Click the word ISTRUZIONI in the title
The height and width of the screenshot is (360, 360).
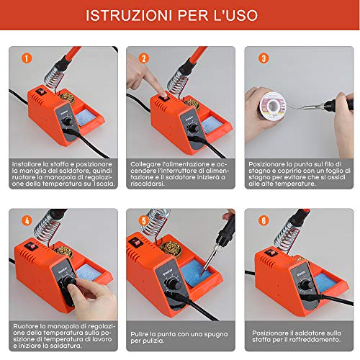point(129,15)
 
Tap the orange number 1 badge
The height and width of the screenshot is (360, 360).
point(27,58)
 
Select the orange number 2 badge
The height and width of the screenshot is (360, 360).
point(144,58)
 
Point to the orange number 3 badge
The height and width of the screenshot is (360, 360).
point(264,58)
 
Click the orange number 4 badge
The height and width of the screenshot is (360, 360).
point(27,220)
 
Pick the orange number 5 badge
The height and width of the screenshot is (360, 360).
point(144,220)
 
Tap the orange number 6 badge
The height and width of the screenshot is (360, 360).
point(264,220)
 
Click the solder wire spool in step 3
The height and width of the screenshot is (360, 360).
point(272,106)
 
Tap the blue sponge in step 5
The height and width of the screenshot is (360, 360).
point(195,273)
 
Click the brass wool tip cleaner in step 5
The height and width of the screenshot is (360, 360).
point(171,249)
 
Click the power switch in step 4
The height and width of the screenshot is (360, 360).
point(30,246)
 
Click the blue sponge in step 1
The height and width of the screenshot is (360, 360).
point(85,117)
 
